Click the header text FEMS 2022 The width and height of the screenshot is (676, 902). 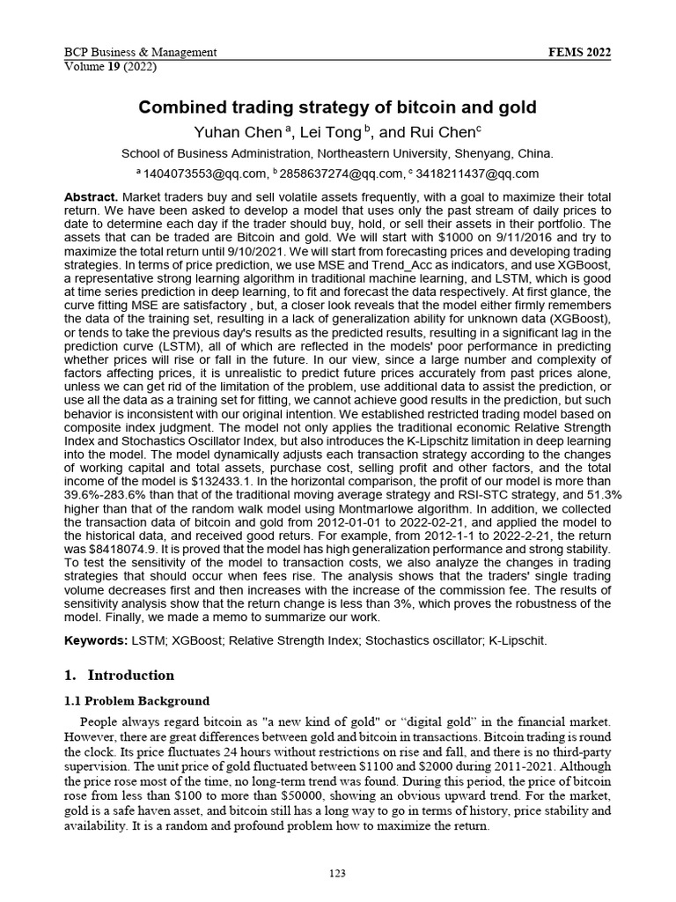tap(579, 52)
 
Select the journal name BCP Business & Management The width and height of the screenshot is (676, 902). tap(141, 52)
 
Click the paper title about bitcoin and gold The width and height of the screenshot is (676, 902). tap(337, 107)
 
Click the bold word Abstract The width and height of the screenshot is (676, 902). tap(92, 196)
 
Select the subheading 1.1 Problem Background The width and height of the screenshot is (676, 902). tap(137, 701)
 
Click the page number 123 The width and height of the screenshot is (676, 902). tap(337, 873)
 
